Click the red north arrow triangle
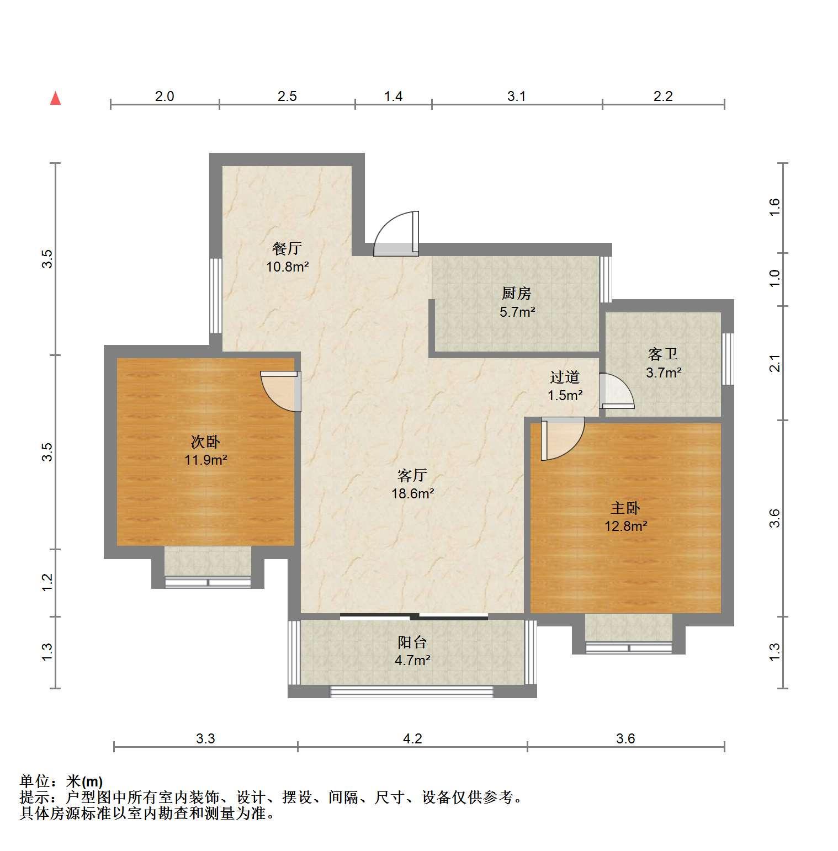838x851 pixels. [x=55, y=98]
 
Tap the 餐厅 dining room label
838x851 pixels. [x=287, y=248]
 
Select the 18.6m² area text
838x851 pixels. [x=413, y=493]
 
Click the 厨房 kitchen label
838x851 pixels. [x=517, y=293]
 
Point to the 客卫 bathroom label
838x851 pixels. [x=663, y=354]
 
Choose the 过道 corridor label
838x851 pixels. [x=565, y=377]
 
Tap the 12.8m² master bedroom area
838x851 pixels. [x=626, y=526]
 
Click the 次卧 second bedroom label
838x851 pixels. [x=206, y=442]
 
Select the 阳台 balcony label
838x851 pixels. [x=412, y=642]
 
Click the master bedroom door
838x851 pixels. [x=563, y=439]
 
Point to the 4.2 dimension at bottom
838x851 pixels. [x=412, y=738]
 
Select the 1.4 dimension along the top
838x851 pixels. [x=393, y=97]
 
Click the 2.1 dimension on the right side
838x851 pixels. [x=775, y=364]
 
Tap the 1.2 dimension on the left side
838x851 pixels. [x=47, y=583]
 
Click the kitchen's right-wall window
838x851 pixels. [x=606, y=279]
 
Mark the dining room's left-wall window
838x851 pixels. [x=216, y=295]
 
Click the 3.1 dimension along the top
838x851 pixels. [x=517, y=97]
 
